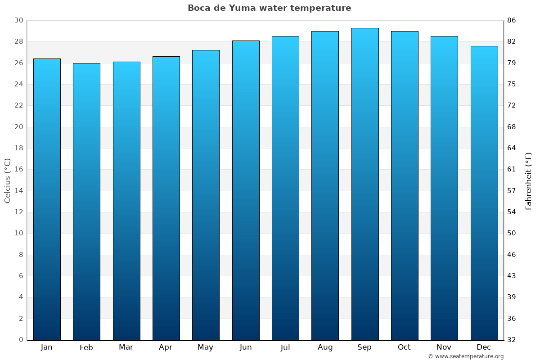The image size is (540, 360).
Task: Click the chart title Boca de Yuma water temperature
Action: (x=269, y=8)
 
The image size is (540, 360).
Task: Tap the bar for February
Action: (x=86, y=201)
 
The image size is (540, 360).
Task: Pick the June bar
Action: (x=246, y=190)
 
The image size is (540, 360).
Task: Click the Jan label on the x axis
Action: (x=46, y=347)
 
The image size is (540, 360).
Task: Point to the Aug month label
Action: (x=325, y=347)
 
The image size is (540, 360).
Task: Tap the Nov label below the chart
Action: (x=444, y=347)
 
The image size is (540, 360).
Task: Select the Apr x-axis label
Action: (x=166, y=347)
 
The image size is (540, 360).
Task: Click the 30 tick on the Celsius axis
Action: (x=18, y=20)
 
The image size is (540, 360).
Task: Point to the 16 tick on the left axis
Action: (x=18, y=170)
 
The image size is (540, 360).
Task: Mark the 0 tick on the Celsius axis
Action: (x=21, y=340)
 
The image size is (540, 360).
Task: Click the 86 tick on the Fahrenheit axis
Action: (x=512, y=20)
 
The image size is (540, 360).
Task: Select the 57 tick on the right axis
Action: (x=512, y=191)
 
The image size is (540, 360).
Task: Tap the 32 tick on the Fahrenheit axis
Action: (x=512, y=340)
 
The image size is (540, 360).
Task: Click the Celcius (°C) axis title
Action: (x=7, y=180)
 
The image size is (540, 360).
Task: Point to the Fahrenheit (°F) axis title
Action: (x=529, y=180)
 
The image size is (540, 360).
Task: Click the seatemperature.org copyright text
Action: (x=465, y=356)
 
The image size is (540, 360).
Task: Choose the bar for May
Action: (x=206, y=195)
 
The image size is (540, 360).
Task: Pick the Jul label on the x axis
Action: (x=285, y=347)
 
